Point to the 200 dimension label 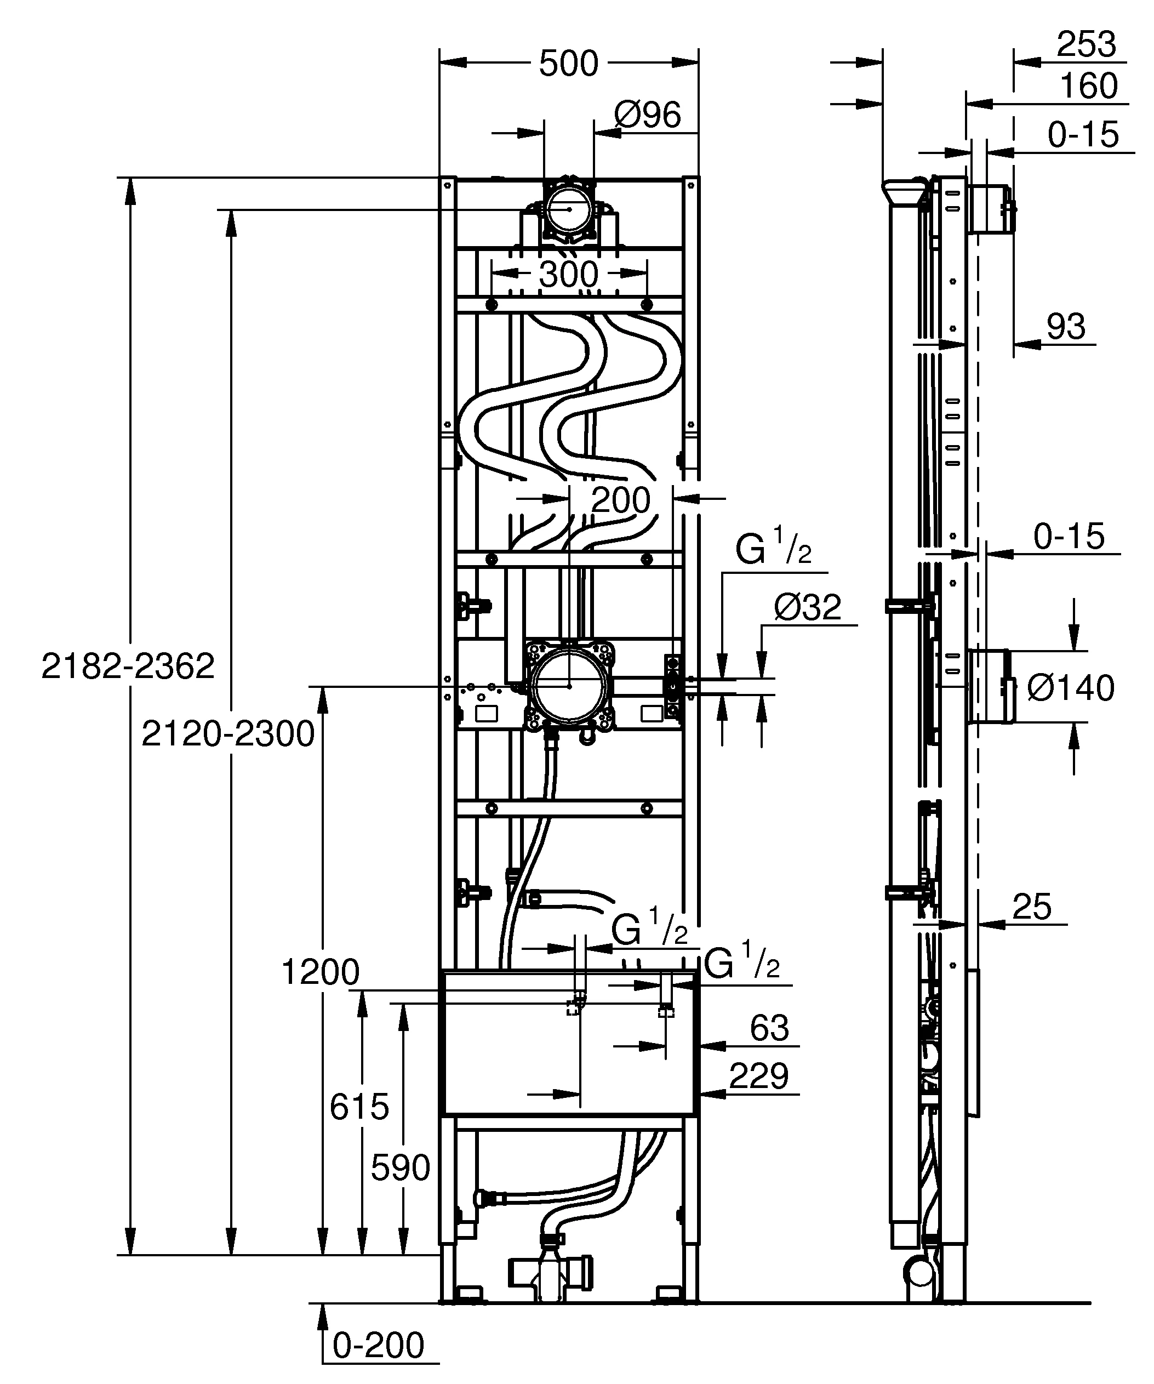620,501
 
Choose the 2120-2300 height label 228,733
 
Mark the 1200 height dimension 320,972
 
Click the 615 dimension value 359,1107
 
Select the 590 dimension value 400,1169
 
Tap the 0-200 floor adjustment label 378,1345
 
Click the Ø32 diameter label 808,607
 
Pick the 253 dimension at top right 1086,45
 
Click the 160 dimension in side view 1088,87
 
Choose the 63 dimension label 769,1028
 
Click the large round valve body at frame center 569,685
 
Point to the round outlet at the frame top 569,208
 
